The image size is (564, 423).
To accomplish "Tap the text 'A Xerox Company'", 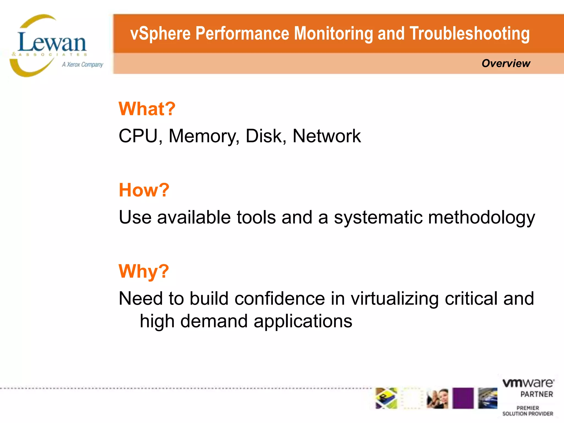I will [x=82, y=64].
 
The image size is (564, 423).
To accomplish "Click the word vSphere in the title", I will [x=160, y=33].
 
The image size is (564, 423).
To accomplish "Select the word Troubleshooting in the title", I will [x=469, y=34].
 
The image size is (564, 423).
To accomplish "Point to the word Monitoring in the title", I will [x=333, y=33].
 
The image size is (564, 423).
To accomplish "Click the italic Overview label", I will [x=506, y=63].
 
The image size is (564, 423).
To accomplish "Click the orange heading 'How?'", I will [x=144, y=190].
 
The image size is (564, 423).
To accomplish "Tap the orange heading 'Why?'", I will [x=143, y=271].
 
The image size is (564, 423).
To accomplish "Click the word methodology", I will [x=481, y=218].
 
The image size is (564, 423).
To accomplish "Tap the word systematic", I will [x=378, y=218].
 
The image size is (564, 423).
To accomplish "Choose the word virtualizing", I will [x=394, y=299].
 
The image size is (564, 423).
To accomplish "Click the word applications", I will [x=303, y=321].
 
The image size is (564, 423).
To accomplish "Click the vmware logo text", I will [x=528, y=383].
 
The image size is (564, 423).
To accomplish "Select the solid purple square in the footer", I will [x=463, y=398].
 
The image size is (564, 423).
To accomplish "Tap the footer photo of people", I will [x=437, y=398].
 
